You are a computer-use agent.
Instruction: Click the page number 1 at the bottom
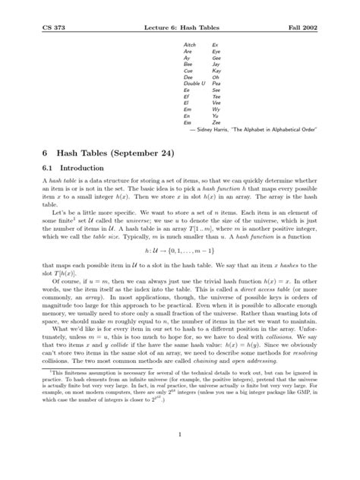click(179, 456)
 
